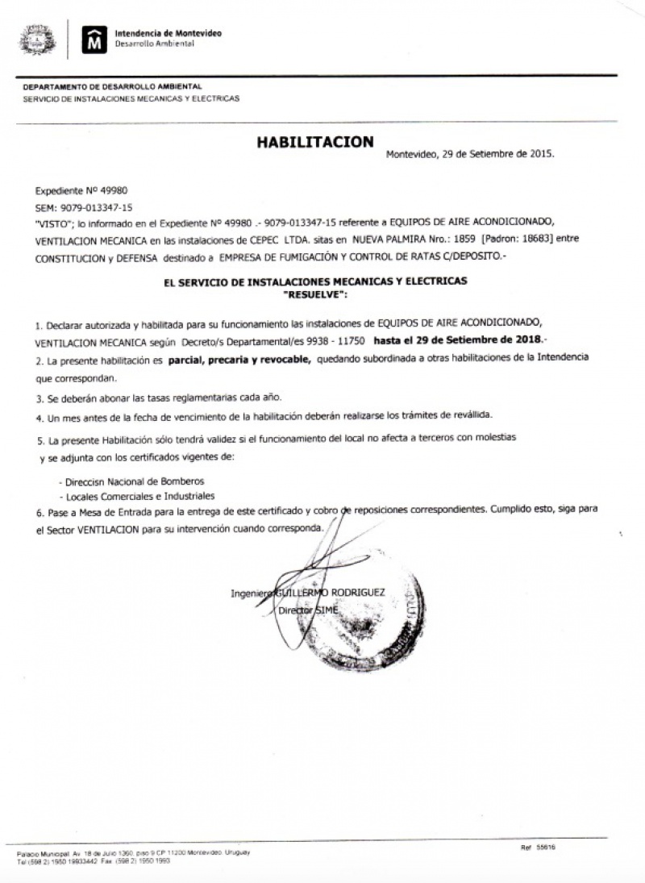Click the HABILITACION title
pyautogui.click(x=315, y=142)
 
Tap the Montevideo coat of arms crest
pyautogui.click(x=38, y=39)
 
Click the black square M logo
pyautogui.click(x=94, y=38)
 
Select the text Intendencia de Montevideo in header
pyautogui.click(x=168, y=33)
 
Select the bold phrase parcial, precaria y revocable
pyautogui.click(x=239, y=363)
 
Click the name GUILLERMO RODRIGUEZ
pyautogui.click(x=331, y=593)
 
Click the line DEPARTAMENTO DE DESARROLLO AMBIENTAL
pyautogui.click(x=113, y=85)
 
